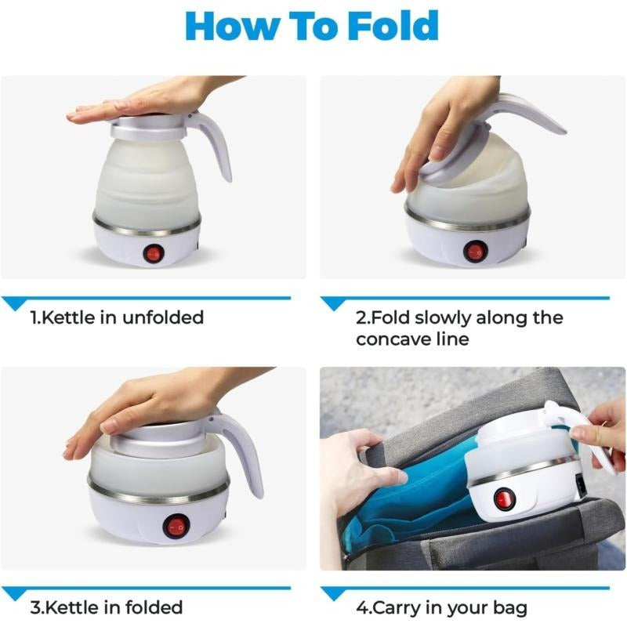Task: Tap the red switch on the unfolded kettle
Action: (x=154, y=253)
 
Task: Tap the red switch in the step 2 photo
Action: (x=475, y=251)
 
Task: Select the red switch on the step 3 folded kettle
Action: (x=175, y=525)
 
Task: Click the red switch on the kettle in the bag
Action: (x=503, y=499)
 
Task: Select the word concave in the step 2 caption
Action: (x=392, y=339)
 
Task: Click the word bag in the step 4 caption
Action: (x=508, y=608)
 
